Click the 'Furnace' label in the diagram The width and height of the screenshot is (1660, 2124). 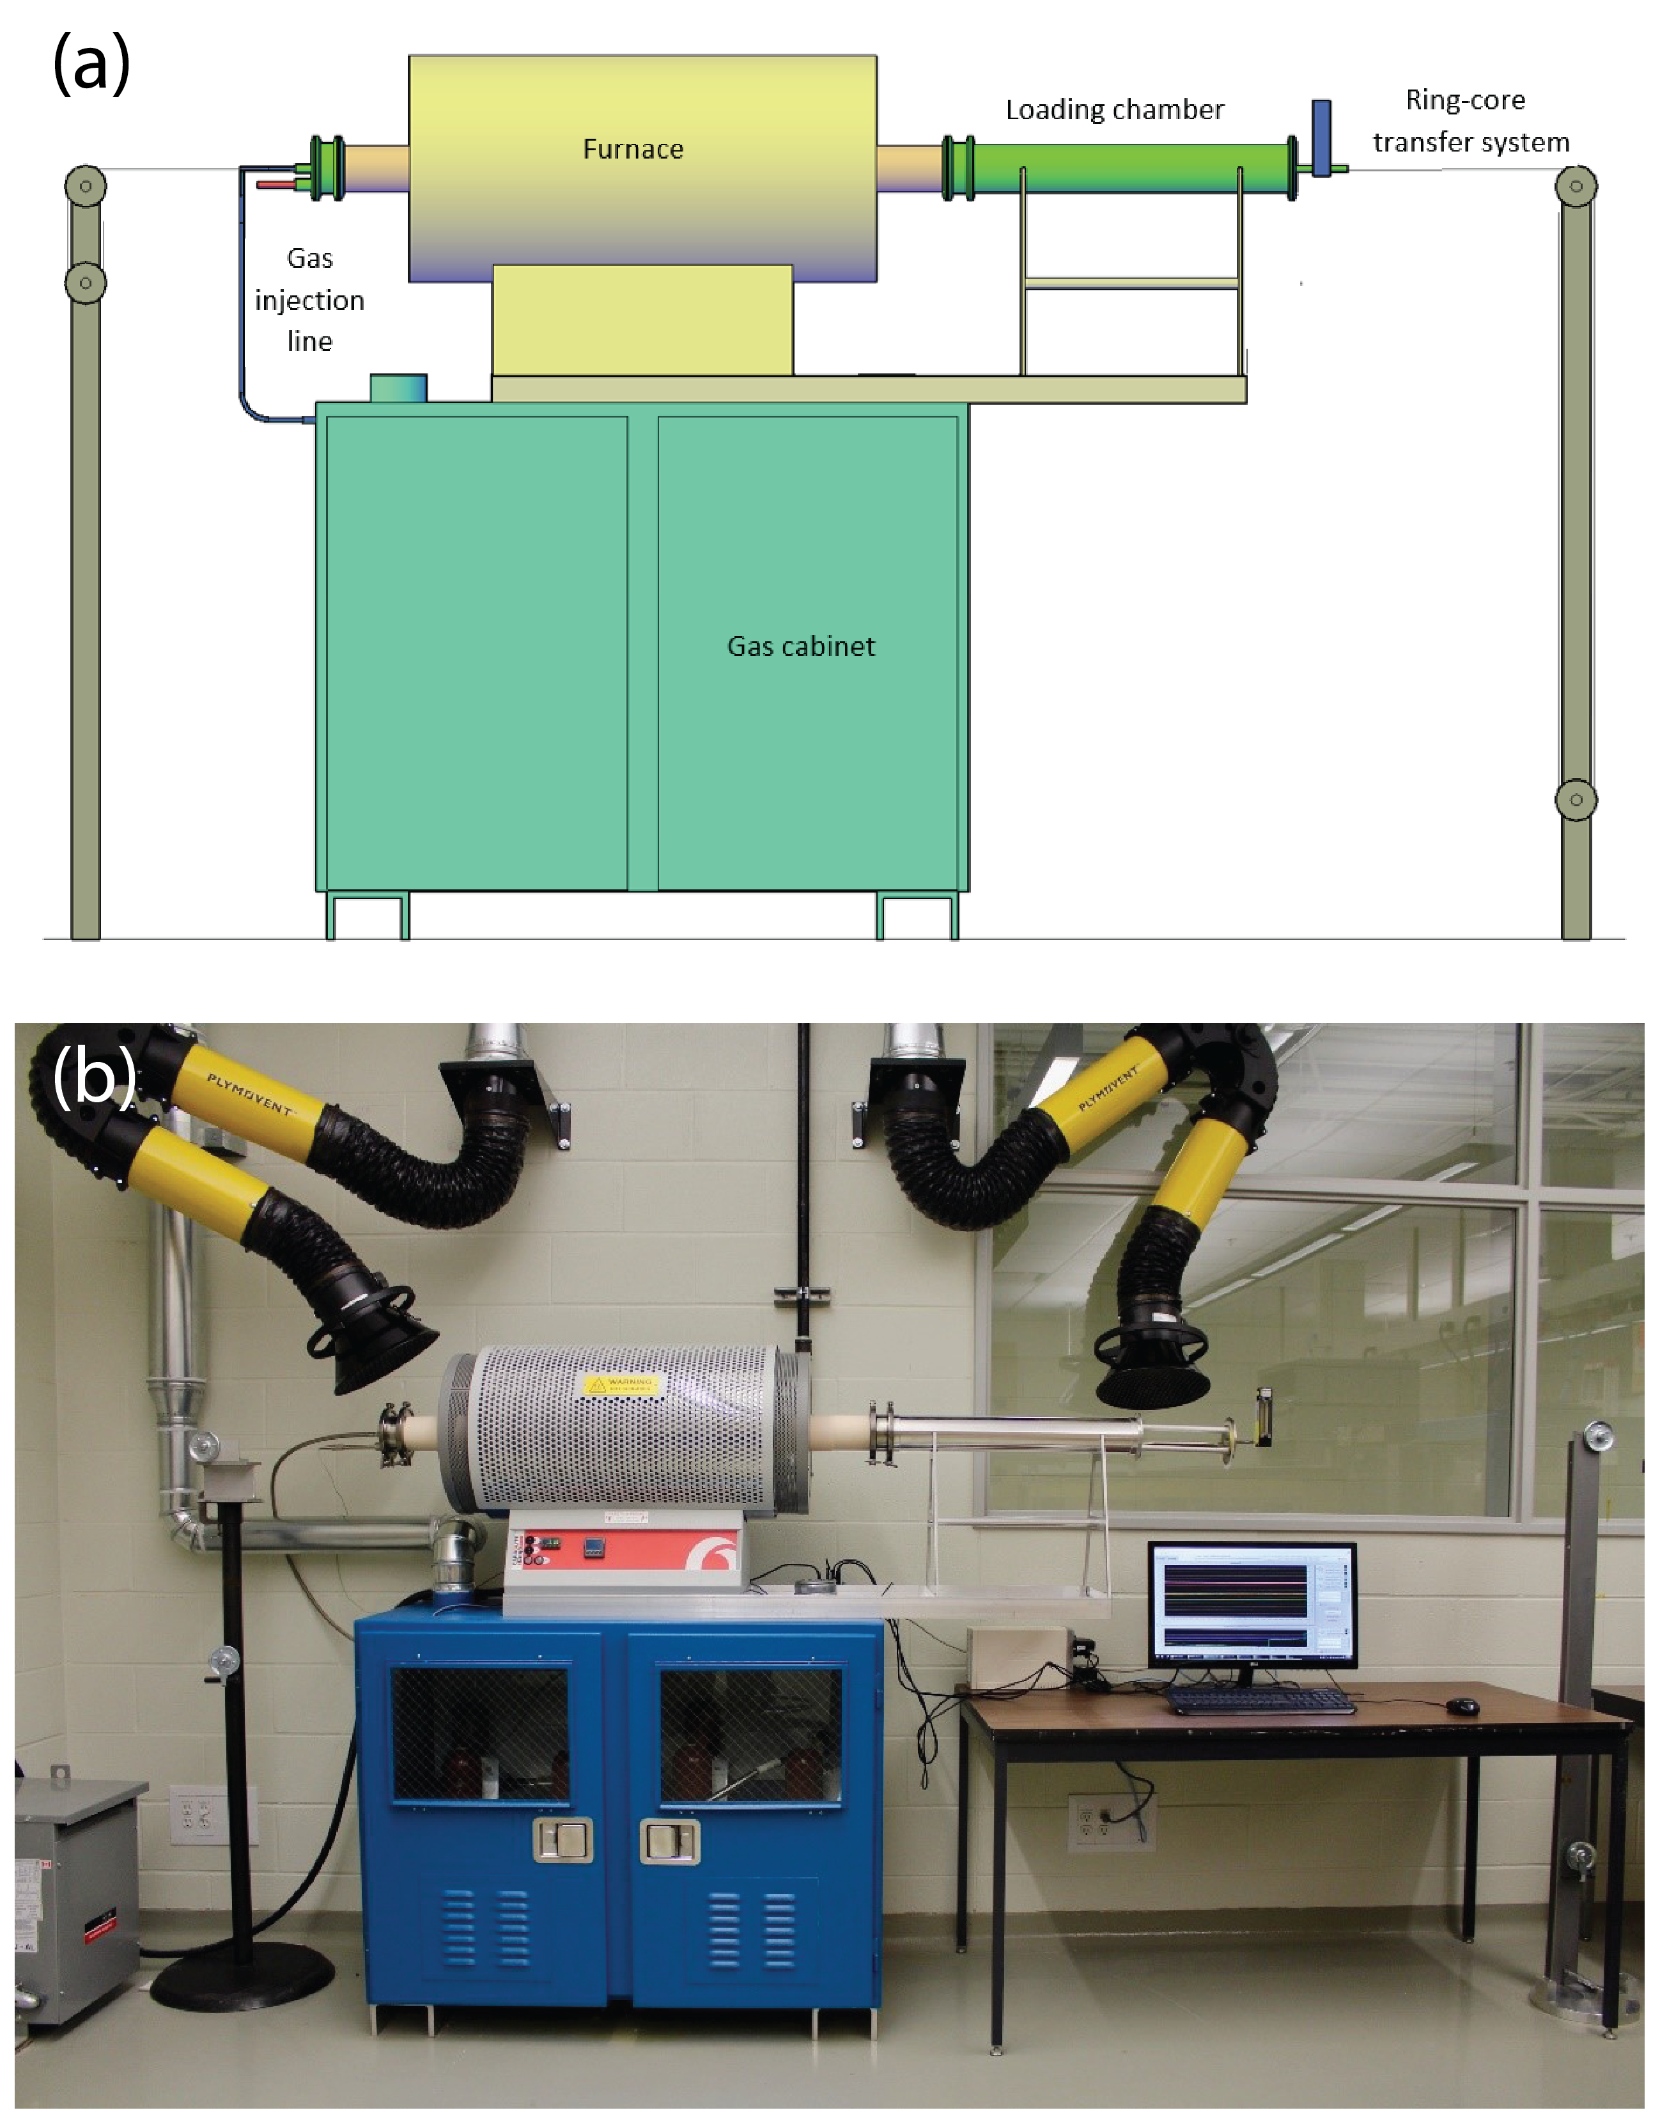[633, 149]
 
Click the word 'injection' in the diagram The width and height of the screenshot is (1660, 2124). [309, 301]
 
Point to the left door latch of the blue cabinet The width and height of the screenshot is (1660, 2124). [563, 1839]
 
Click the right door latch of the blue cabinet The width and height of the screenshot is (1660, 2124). [669, 1841]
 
